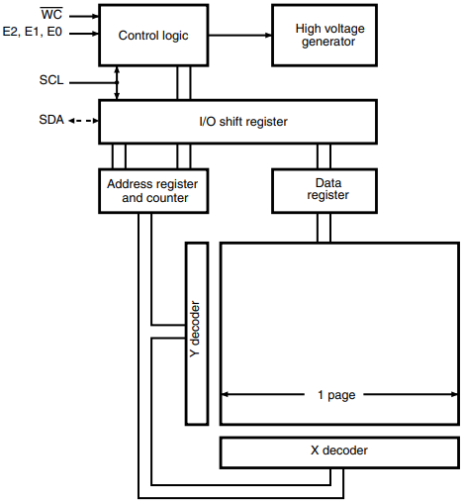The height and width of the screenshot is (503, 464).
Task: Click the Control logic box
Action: coord(152,36)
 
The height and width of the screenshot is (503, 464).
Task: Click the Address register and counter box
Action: coord(152,190)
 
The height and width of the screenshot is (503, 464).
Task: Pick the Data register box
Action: coord(325,190)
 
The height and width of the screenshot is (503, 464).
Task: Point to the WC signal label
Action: coord(50,15)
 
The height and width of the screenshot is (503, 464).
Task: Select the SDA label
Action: coord(50,121)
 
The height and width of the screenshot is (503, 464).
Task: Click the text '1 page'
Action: coord(335,394)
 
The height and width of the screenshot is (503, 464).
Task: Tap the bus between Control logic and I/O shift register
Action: coord(183,83)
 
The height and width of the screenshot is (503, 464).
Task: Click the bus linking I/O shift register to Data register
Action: coord(324,155)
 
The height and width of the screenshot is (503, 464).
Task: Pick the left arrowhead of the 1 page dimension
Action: coord(226,394)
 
